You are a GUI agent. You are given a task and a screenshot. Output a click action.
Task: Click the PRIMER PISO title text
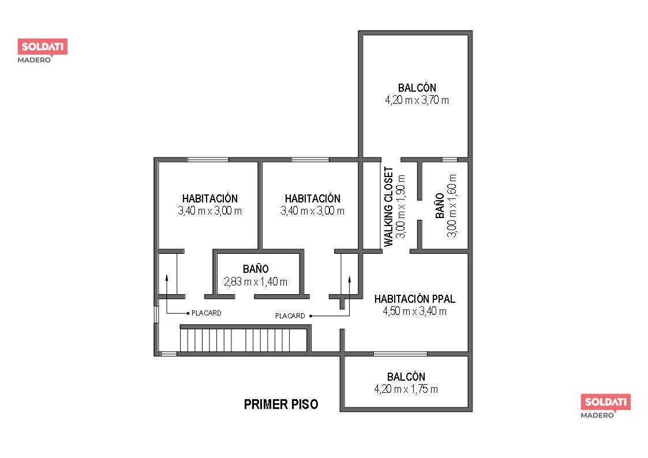pyautogui.click(x=281, y=404)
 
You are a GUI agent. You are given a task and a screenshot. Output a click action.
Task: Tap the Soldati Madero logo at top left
pyautogui.click(x=43, y=51)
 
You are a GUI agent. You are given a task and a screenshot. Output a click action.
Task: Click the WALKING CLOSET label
pyautogui.click(x=389, y=207)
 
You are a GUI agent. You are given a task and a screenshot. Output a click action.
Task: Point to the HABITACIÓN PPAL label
pyautogui.click(x=414, y=299)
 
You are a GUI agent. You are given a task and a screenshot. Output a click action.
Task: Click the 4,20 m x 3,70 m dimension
pyautogui.click(x=417, y=100)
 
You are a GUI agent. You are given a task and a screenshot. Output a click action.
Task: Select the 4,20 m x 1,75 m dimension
pyautogui.click(x=406, y=389)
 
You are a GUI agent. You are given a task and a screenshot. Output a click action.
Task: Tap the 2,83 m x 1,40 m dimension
pyautogui.click(x=256, y=281)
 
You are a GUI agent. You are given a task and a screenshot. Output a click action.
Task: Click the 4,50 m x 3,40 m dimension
pyautogui.click(x=414, y=311)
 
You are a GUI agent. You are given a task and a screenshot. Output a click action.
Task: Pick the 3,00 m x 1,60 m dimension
pyautogui.click(x=452, y=206)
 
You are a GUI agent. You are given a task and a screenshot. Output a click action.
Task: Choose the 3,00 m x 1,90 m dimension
pyautogui.click(x=400, y=207)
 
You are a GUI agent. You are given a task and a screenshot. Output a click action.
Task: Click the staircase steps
pyautogui.click(x=244, y=340)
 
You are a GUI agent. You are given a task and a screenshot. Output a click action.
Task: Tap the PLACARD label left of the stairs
pyautogui.click(x=206, y=313)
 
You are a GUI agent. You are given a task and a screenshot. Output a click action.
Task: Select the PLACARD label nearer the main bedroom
pyautogui.click(x=290, y=316)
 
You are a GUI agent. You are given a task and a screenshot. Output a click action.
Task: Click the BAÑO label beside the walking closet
pyautogui.click(x=440, y=206)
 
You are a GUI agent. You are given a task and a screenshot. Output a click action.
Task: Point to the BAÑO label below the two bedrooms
pyautogui.click(x=256, y=269)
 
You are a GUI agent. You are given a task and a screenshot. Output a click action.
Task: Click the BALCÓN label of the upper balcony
pyautogui.click(x=417, y=88)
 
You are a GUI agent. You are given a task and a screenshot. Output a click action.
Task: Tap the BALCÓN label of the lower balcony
pyautogui.click(x=406, y=377)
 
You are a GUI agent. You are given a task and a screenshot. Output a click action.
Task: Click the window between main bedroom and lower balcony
pyautogui.click(x=400, y=354)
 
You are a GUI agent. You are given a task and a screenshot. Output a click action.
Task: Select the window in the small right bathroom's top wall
pyautogui.click(x=450, y=160)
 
